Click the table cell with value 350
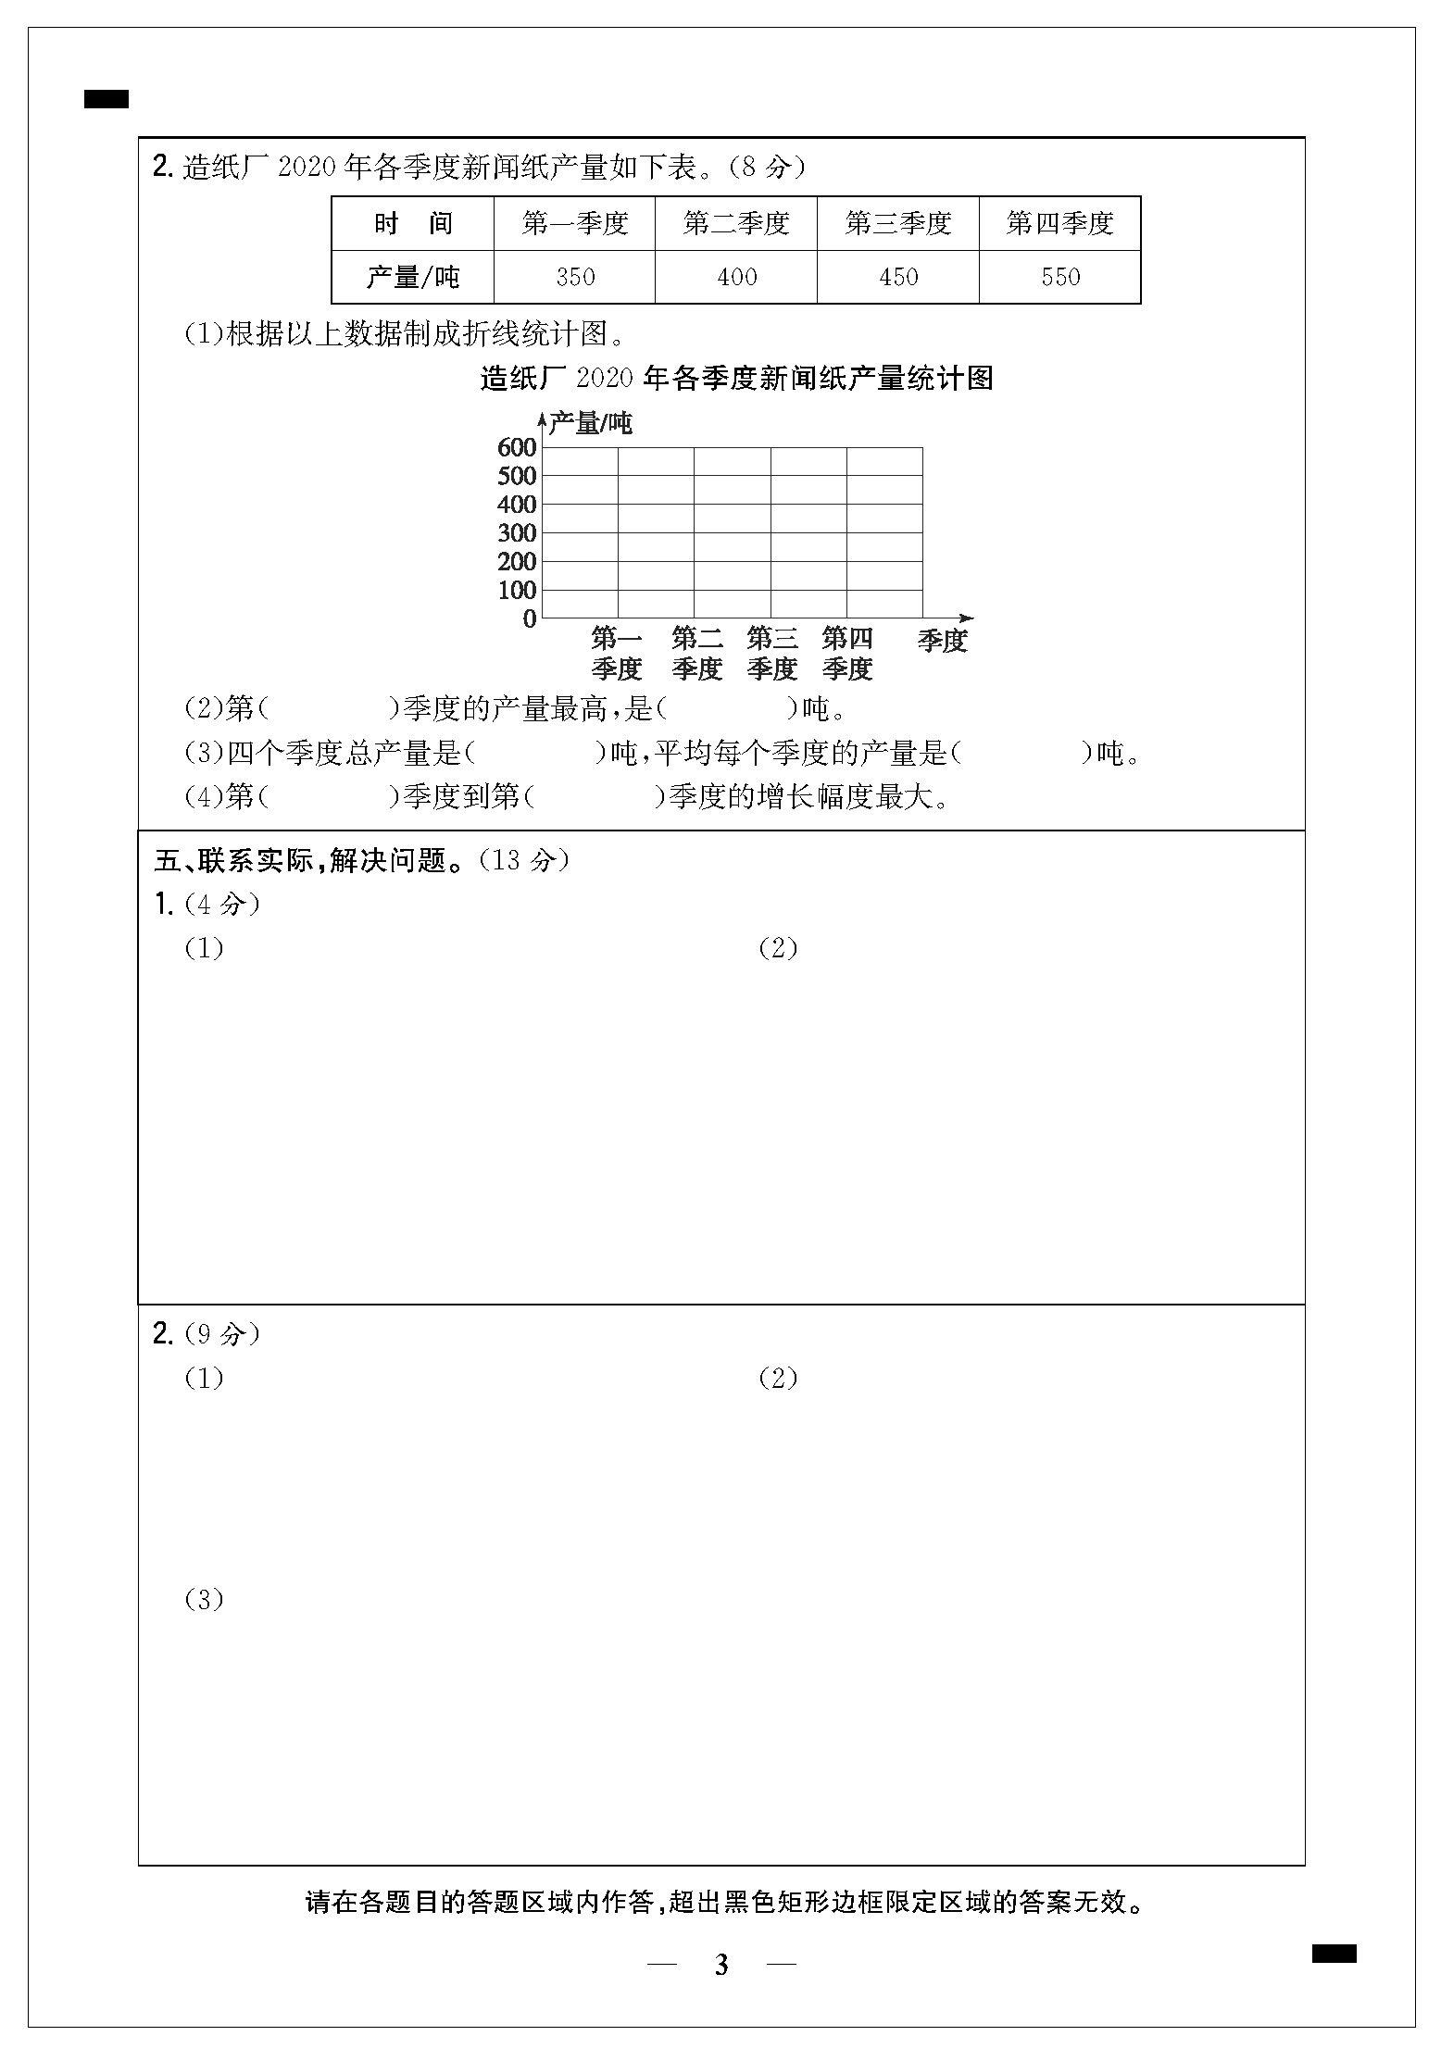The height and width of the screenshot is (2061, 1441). coord(575,277)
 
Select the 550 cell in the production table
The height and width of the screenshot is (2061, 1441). coord(1060,277)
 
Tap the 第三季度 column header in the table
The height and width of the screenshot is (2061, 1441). coord(898,223)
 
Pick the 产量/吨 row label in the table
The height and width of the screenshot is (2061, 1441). coord(413,277)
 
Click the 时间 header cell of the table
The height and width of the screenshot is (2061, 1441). coord(413,223)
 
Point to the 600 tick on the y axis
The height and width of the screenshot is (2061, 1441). coord(517,448)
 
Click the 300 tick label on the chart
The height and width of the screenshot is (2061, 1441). coord(517,533)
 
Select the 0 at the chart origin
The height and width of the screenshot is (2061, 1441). coord(530,619)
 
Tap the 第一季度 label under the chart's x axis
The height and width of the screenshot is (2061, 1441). coord(617,653)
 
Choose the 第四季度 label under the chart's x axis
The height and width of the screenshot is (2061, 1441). coord(847,653)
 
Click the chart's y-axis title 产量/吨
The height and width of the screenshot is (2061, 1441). coord(590,424)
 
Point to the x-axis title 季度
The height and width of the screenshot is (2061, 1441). coord(943,641)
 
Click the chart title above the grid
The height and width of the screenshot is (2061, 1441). coord(736,378)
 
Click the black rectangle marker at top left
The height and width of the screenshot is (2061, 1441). coord(107,99)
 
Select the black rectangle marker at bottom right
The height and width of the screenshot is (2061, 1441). coord(1334,1954)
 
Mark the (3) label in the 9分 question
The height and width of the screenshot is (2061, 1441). coord(205,1599)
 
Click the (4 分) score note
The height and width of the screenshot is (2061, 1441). coord(222,904)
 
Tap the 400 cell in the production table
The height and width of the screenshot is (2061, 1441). coord(736,277)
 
